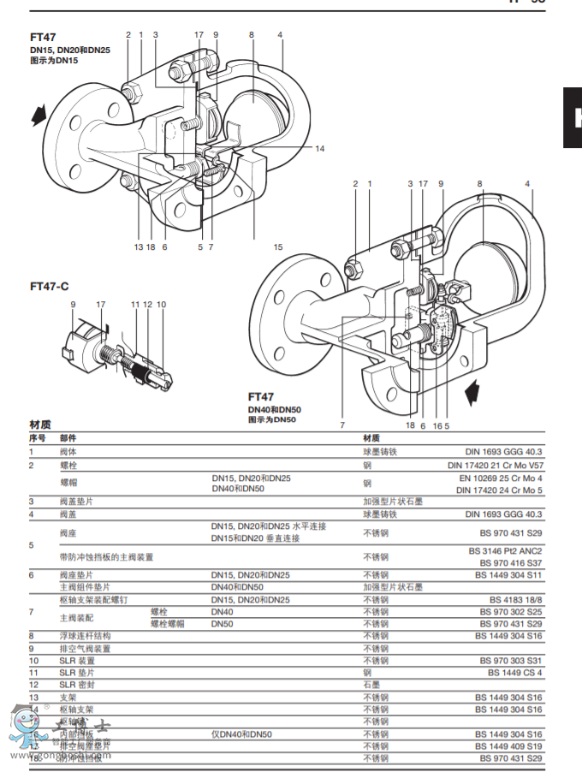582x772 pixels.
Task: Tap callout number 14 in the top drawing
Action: pos(319,148)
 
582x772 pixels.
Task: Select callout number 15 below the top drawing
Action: pos(277,246)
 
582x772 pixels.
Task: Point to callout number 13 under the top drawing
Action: pos(138,246)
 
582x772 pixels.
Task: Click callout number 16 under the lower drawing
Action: pos(436,425)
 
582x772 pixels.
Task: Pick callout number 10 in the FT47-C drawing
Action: pos(161,304)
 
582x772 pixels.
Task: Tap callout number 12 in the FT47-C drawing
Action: pos(147,304)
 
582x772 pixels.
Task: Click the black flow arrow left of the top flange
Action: pos(39,113)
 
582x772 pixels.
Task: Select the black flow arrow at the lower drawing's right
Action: pos(471,393)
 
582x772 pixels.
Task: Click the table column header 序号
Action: pos(37,437)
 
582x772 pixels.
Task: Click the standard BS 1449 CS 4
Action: pos(514,673)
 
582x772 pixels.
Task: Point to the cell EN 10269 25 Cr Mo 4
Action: pos(501,478)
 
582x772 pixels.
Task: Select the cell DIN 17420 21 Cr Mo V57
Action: pos(495,465)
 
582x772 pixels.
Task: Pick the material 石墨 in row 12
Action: pos(371,685)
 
